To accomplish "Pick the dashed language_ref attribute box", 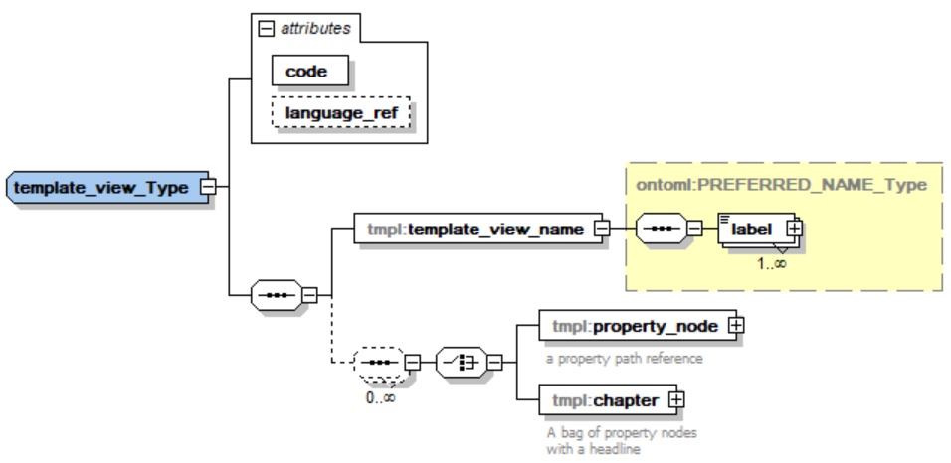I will click(x=341, y=114).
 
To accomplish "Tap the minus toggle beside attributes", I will click(x=266, y=28).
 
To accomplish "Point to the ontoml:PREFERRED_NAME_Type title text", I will click(x=781, y=184).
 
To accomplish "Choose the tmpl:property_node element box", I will click(x=633, y=325).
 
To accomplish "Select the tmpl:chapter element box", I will click(x=605, y=399).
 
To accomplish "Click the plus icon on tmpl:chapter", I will click(x=677, y=399).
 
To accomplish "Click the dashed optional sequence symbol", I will click(x=380, y=363).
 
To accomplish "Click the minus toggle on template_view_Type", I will click(x=208, y=186).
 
